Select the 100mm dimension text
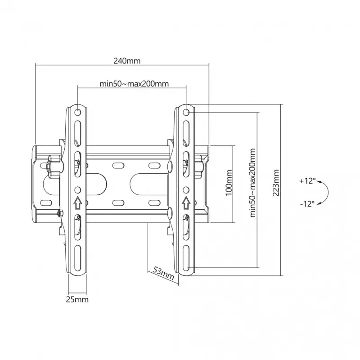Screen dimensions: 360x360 (229, 182)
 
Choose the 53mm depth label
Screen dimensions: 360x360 (163, 273)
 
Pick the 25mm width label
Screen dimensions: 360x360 (78, 299)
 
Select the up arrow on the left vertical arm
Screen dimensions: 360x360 (77, 203)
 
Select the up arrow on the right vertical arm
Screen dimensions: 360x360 (186, 203)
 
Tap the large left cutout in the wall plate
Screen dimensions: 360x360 (98, 184)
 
